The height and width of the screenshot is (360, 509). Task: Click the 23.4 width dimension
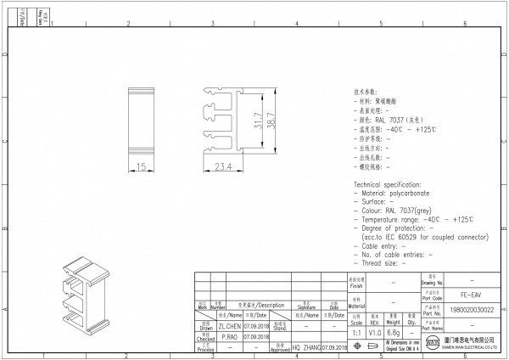point(222,167)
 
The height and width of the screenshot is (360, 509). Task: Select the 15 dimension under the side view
point(141,167)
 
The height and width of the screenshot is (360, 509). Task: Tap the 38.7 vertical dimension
point(271,121)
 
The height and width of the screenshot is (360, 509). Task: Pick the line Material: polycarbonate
point(393,194)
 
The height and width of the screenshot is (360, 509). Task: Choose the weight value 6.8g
point(393,333)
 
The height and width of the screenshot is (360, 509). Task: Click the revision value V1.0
point(374,333)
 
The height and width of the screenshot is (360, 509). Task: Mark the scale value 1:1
point(356,333)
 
